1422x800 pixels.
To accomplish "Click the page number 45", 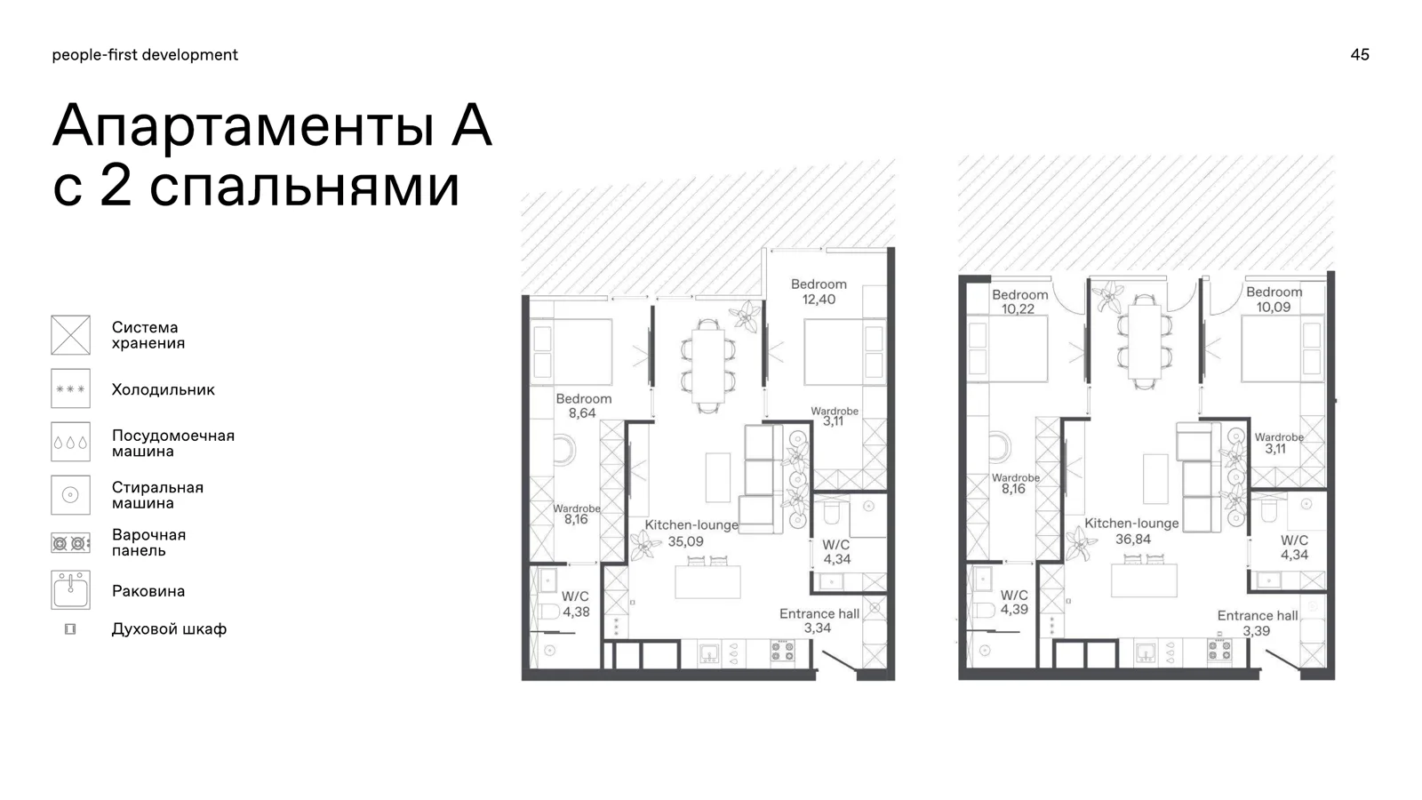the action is [x=1360, y=54].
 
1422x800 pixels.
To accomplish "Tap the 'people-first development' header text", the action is [x=145, y=55].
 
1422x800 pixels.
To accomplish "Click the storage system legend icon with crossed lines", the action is [x=70, y=335].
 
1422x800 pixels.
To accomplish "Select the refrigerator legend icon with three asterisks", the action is [x=70, y=388].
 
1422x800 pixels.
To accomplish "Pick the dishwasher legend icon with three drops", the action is [x=70, y=442].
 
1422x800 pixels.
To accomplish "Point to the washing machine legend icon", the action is [x=70, y=494].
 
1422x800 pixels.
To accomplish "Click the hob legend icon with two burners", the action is [x=70, y=543].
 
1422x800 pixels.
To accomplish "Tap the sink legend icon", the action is [x=70, y=590].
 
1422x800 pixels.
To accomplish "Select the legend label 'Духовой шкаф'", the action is [x=169, y=629].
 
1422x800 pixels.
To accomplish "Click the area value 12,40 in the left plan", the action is [x=819, y=300].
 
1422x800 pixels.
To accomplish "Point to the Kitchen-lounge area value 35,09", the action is [x=685, y=541].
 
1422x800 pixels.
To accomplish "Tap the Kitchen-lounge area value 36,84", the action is [x=1133, y=539].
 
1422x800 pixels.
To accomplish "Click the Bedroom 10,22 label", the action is [x=1019, y=301].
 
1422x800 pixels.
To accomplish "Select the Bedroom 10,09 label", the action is [x=1274, y=299].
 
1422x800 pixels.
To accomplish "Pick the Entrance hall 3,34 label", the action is [x=819, y=621].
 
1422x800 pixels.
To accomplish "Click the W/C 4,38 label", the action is [x=575, y=604].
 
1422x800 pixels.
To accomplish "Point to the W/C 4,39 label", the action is [x=1014, y=602].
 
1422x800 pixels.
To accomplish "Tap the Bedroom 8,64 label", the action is [x=583, y=405].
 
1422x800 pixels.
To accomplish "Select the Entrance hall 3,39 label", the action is [x=1257, y=623].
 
